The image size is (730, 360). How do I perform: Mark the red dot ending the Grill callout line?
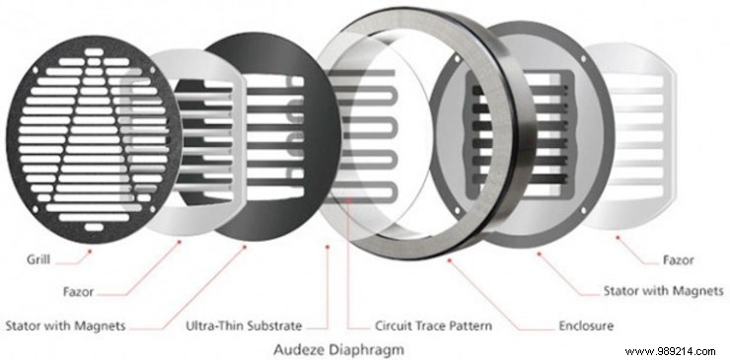click(x=89, y=250)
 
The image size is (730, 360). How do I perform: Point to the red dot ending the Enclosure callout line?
click(x=449, y=260)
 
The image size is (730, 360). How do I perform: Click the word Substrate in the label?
click(x=290, y=324)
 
